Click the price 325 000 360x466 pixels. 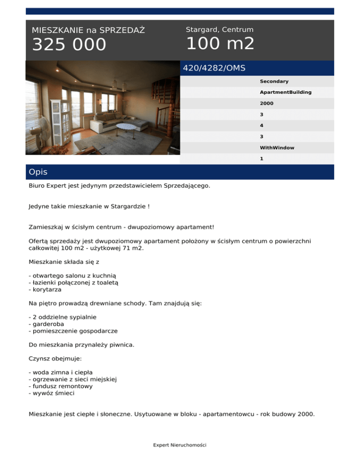point(69,45)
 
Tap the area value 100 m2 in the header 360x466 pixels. point(220,44)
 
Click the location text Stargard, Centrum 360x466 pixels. point(219,30)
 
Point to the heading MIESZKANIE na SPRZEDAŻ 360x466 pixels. point(88,30)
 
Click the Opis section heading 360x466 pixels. point(38,172)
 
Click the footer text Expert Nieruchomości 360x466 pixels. point(180,445)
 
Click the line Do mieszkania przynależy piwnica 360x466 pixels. point(81,345)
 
